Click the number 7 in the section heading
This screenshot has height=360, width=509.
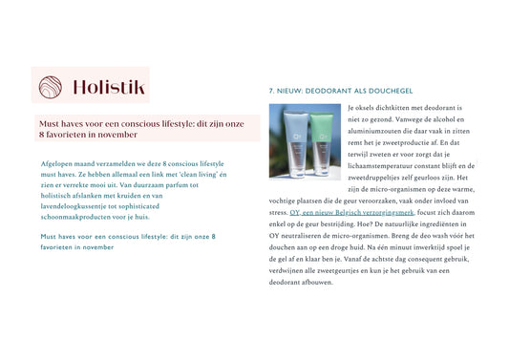(272, 92)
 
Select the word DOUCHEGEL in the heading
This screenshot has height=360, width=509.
(389, 92)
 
